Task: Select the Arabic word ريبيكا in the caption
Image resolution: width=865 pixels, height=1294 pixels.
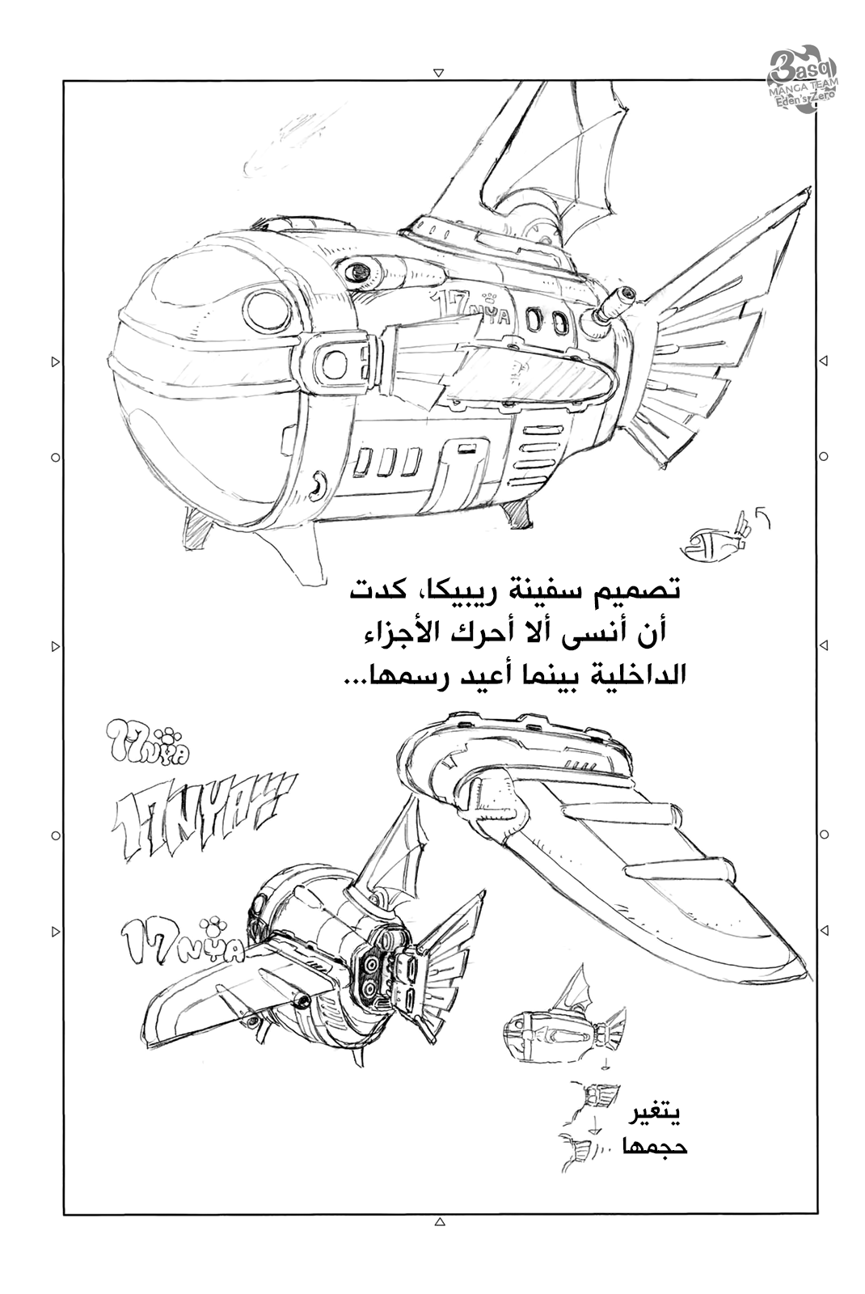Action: click(486, 590)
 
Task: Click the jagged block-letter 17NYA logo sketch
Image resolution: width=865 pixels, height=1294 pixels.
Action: click(202, 805)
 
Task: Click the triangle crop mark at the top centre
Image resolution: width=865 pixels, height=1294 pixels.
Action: click(437, 71)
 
